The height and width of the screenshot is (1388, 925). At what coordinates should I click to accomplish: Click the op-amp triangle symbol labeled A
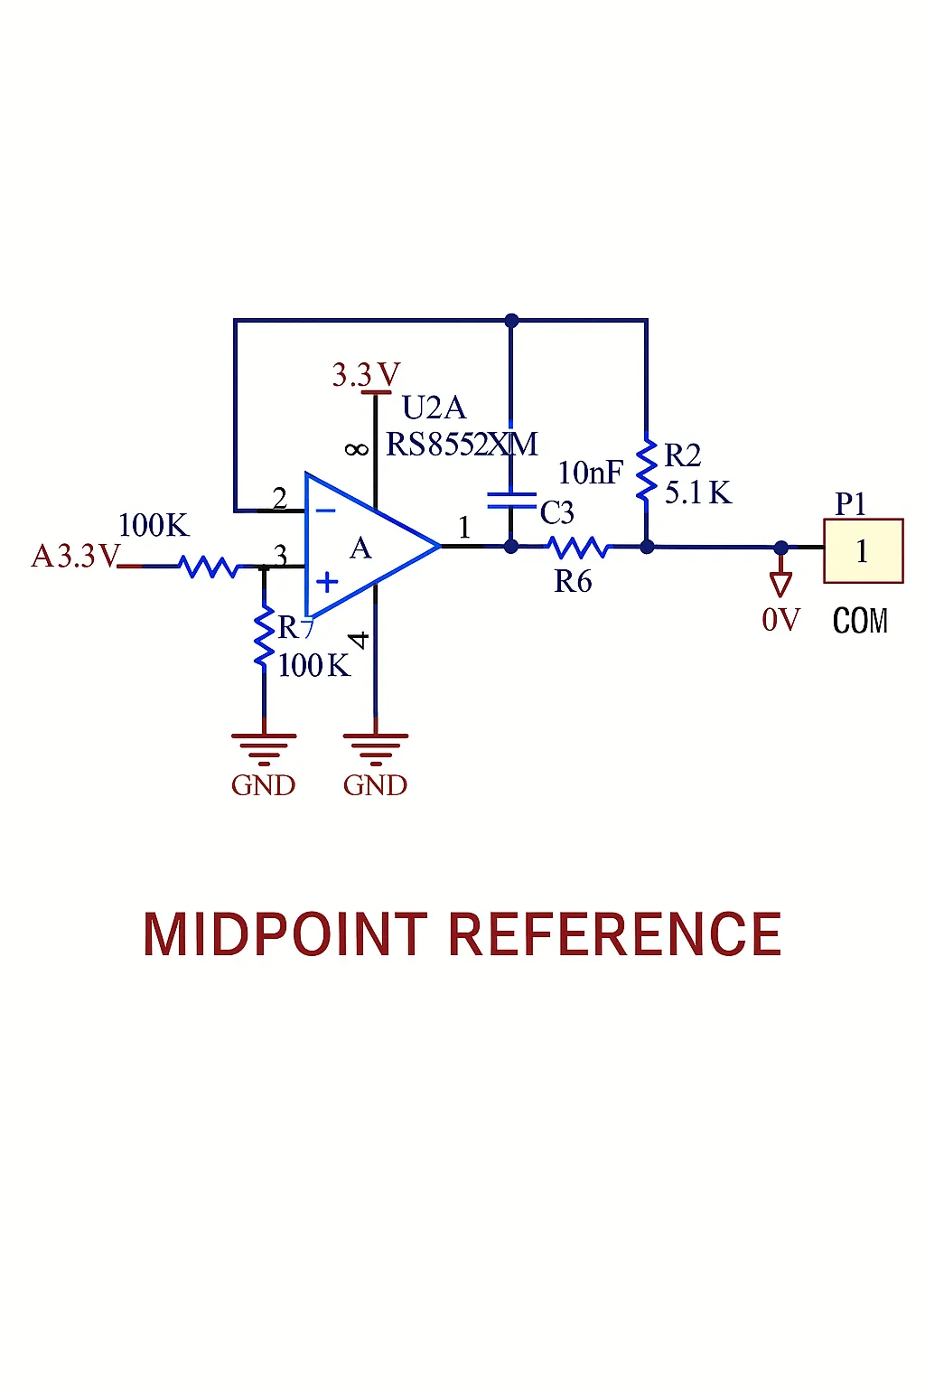pos(366,546)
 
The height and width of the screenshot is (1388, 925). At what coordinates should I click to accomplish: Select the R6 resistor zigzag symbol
pos(578,547)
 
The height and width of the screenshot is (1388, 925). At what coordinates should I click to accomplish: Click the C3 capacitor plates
pos(511,501)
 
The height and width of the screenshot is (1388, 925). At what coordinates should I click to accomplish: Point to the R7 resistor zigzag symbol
pos(264,636)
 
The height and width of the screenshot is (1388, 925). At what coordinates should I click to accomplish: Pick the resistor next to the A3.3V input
pos(210,567)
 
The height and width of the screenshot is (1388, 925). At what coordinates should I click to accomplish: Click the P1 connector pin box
pos(863,550)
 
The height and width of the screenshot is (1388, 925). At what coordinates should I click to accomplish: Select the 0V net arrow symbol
pos(780,583)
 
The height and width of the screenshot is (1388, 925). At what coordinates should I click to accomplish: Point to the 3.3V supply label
pos(366,374)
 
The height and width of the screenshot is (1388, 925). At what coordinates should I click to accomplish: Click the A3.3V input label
pos(75,556)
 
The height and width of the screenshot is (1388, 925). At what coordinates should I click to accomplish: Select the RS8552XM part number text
pos(462,445)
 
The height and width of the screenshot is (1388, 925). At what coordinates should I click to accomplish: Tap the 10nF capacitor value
pos(590,473)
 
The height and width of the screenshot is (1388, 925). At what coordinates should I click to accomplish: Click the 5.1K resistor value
pos(697,493)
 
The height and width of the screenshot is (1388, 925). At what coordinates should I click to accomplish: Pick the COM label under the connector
pos(860,621)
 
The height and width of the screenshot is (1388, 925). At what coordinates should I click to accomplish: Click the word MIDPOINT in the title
pos(285,934)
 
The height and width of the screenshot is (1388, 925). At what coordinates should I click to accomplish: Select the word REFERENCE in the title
pos(615,934)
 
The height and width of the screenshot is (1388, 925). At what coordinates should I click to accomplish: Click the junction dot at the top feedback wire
pos(511,320)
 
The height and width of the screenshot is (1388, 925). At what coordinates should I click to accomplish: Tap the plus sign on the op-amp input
pos(327,582)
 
